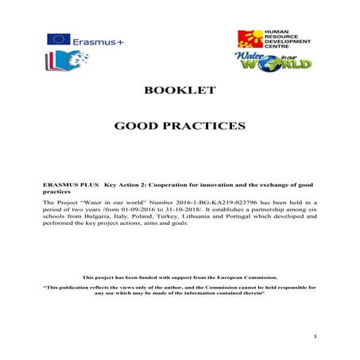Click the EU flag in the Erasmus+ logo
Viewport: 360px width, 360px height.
click(x=57, y=38)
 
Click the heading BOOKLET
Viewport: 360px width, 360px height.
click(x=180, y=91)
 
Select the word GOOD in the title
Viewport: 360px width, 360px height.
click(x=137, y=126)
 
